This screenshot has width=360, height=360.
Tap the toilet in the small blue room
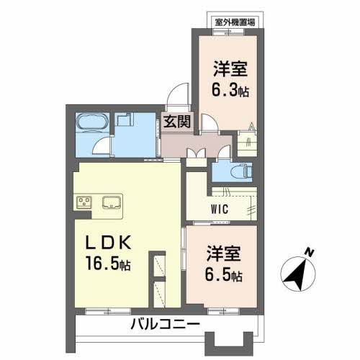(x=240, y=171)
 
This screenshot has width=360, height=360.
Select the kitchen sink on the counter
(x=113, y=201)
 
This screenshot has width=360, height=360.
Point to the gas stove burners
(x=84, y=201)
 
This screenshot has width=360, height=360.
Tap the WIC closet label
(x=220, y=210)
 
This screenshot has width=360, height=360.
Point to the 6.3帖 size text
(x=229, y=91)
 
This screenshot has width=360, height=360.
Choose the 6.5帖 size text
(x=224, y=275)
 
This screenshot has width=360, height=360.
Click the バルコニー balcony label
(x=165, y=325)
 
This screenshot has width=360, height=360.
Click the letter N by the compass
(x=308, y=252)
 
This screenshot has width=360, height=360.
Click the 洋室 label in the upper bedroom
(x=229, y=71)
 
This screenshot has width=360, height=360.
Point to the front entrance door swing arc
(x=175, y=97)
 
